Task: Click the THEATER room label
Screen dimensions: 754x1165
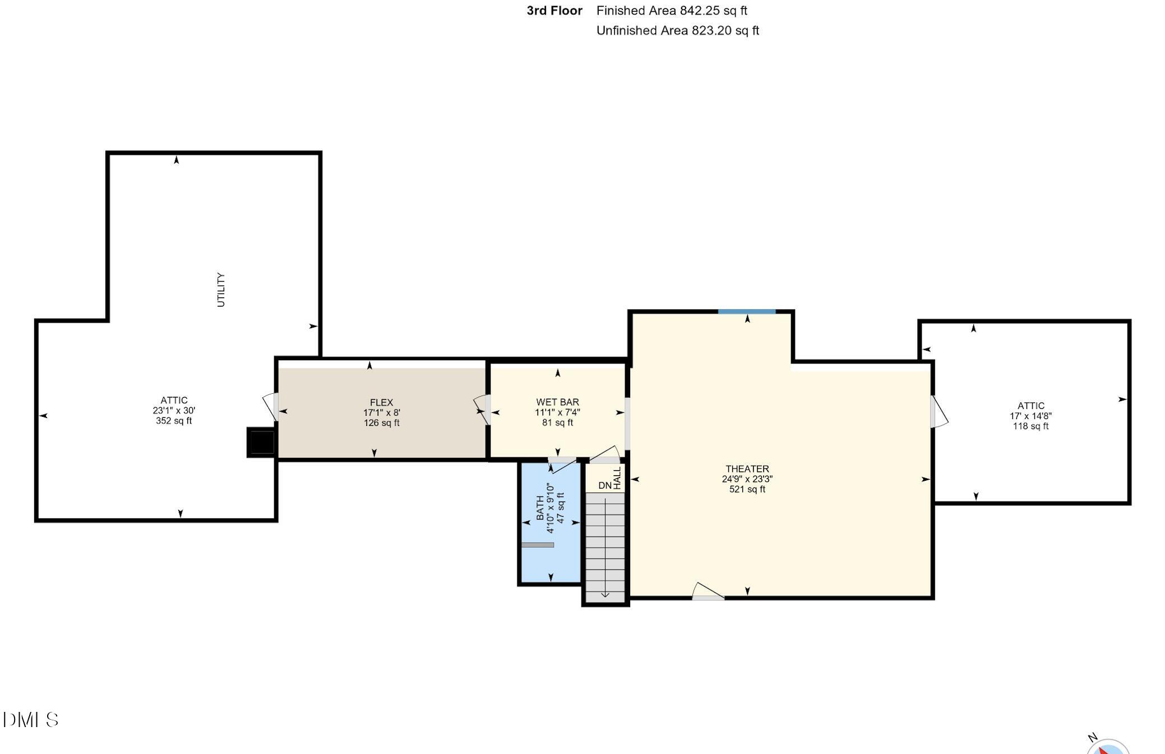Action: [x=747, y=469]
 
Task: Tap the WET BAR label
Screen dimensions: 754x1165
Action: [x=557, y=402]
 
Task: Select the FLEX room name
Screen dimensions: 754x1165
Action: [x=381, y=403]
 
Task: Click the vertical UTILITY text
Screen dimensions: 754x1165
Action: [x=221, y=290]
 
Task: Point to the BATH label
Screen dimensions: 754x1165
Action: [x=540, y=508]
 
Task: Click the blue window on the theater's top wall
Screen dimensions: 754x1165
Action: [x=747, y=311]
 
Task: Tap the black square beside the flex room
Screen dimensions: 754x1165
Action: [x=261, y=443]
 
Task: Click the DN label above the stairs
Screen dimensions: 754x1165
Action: [x=604, y=486]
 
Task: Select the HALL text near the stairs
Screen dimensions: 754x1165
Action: [x=617, y=478]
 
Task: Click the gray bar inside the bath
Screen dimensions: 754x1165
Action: [x=538, y=545]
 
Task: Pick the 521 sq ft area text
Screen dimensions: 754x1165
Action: [x=747, y=489]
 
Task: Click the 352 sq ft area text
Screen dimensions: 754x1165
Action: [x=174, y=421]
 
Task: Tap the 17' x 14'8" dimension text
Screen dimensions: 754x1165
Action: [x=1030, y=416]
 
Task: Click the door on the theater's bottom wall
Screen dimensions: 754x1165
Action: [x=708, y=592]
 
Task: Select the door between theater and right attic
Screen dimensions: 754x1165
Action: [x=938, y=412]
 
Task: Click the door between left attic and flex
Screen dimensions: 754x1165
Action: [x=271, y=407]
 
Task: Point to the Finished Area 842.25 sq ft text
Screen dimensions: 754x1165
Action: [x=672, y=11]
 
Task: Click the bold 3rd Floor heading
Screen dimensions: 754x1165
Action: [x=554, y=11]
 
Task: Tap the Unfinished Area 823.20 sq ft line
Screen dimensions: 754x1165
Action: [x=677, y=31]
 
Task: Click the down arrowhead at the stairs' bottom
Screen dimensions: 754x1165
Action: [x=605, y=594]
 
